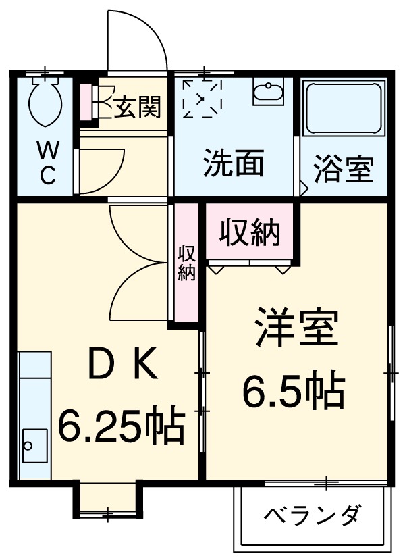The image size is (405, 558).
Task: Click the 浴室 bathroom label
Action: pyautogui.click(x=343, y=169)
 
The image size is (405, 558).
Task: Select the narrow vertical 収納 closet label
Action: pyautogui.click(x=187, y=263)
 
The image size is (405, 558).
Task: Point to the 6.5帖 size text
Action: pyautogui.click(x=294, y=390)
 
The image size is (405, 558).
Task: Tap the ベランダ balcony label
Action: pyautogui.click(x=313, y=516)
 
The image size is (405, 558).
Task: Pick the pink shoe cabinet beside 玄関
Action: pyautogui.click(x=86, y=103)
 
